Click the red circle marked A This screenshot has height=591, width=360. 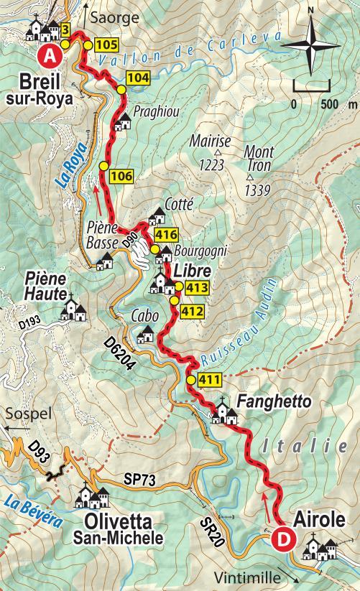(50, 54)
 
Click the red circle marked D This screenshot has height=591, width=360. (284, 536)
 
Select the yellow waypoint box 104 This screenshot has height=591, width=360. (138, 78)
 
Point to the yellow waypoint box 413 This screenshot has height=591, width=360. (196, 289)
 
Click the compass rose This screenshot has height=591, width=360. (310, 45)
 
